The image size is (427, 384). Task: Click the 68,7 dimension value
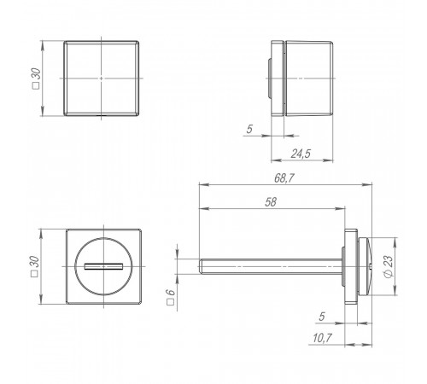pos(284,178)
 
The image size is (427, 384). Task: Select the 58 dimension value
pos(271,202)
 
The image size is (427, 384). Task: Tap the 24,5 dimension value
pos(301,154)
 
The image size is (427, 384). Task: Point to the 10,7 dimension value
pos(322,338)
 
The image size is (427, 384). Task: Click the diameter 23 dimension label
pos(389,266)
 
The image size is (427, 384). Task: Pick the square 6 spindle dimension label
pos(170,297)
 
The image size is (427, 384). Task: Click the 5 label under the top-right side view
pos(249,129)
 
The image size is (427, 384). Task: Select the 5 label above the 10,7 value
pos(322,317)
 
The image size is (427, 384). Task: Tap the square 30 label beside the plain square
pos(37,79)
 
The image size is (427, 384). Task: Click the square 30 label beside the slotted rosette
pos(34,266)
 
